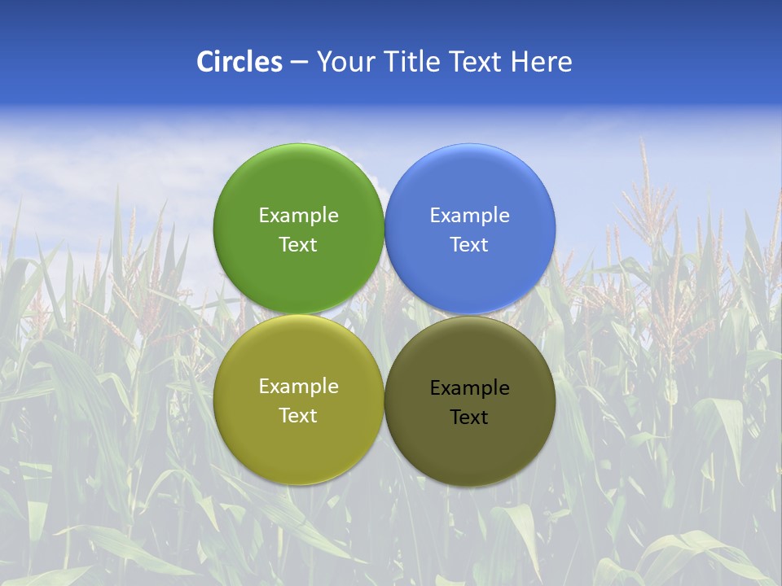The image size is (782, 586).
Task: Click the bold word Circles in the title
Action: click(239, 62)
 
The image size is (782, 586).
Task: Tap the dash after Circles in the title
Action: click(299, 63)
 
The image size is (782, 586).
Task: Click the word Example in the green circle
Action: click(298, 216)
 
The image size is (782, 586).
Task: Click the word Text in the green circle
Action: click(298, 245)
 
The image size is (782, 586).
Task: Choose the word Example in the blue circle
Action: click(470, 216)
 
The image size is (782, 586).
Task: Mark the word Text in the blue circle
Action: click(470, 245)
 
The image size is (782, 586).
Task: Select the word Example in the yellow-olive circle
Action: click(298, 387)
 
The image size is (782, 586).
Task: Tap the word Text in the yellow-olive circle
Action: click(298, 416)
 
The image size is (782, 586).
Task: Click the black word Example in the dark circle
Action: click(470, 388)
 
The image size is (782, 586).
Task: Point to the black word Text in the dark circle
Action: click(470, 418)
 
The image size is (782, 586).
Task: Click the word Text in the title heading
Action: click(477, 62)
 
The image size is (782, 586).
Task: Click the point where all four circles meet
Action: click(384, 315)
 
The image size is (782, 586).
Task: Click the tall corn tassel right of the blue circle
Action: click(644, 203)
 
